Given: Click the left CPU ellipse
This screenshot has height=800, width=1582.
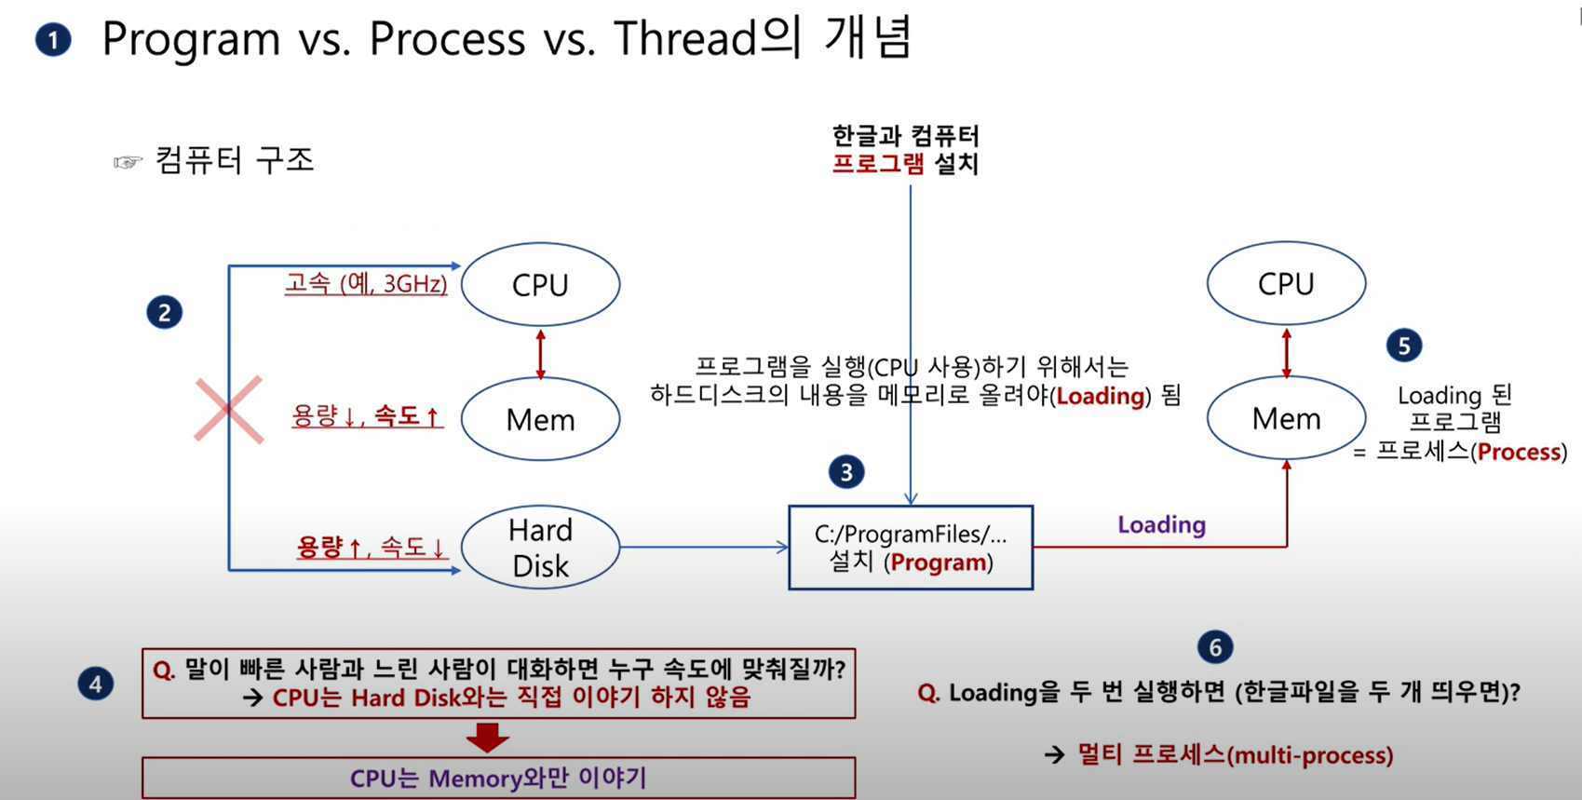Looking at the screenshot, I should coord(540,284).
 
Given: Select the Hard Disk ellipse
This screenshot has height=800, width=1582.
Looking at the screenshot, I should coord(540,548).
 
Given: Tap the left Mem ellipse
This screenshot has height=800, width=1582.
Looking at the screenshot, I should coord(540,419).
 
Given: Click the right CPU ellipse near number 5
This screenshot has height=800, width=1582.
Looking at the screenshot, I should coord(1286,283).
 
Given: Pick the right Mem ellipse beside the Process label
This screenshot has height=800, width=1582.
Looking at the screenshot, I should coord(1286,418).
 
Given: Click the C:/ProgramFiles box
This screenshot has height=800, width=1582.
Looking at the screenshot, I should coord(910,548).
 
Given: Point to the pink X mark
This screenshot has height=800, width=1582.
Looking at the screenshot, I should coord(228,410).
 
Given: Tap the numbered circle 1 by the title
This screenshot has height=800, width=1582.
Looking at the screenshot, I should coord(53,40).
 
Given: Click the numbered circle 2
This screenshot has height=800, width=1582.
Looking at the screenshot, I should coord(165,312).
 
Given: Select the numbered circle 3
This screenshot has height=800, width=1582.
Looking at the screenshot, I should coord(845,472).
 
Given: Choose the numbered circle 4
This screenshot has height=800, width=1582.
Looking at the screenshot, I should coord(95,685).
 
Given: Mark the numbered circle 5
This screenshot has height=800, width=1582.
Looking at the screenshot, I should coord(1403,346).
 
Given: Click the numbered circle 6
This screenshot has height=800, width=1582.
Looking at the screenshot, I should coord(1215,647).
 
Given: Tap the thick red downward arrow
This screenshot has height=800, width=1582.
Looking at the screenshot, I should coord(487,738).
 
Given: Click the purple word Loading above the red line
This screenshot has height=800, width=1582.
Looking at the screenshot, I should coord(1161,524).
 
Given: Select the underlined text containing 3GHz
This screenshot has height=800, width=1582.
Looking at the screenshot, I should coord(366,283).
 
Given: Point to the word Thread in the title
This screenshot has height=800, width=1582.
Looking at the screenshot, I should coord(684,39).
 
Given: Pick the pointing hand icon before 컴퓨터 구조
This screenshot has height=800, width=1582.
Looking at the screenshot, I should coord(128,162).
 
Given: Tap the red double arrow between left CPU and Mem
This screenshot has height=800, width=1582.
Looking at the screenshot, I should coord(540,353).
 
